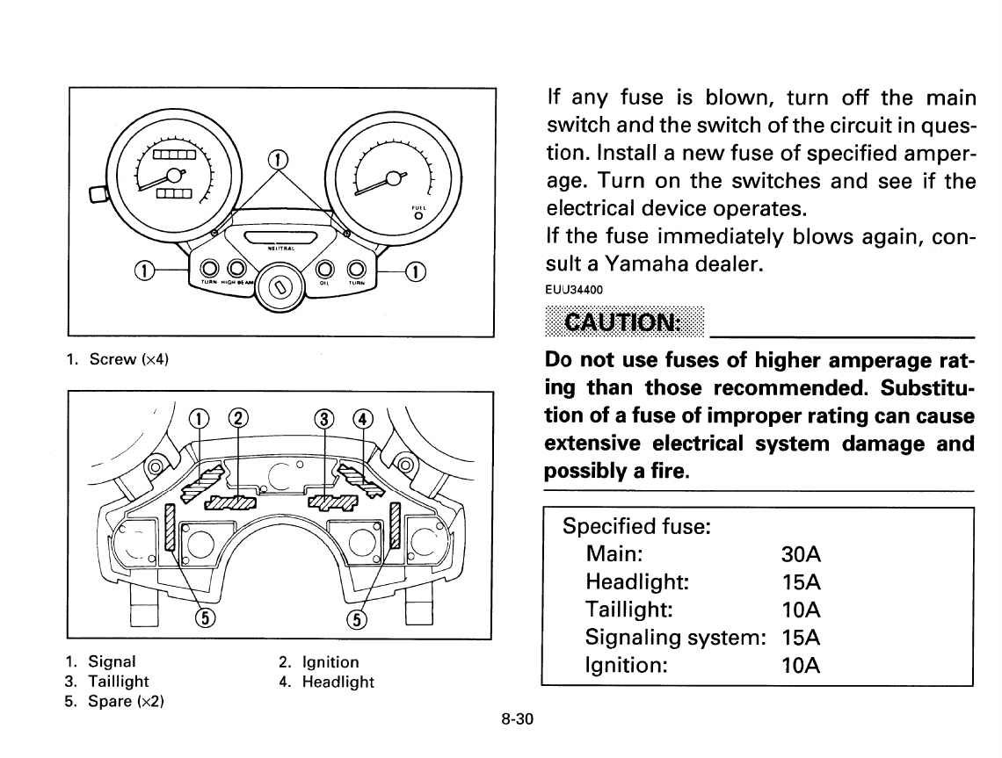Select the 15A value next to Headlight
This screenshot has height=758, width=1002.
(x=800, y=581)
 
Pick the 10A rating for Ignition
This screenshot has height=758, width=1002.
(x=800, y=665)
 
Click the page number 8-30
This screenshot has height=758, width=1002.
(x=519, y=719)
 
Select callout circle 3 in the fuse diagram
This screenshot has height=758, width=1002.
(x=325, y=417)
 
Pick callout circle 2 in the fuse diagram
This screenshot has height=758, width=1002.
(x=239, y=417)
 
